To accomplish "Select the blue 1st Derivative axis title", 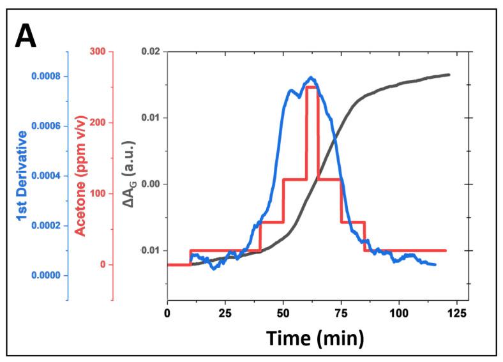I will [22, 176].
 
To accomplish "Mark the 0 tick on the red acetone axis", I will [102, 265].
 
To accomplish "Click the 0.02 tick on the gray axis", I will [151, 52].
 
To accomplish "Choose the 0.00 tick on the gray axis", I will [151, 184].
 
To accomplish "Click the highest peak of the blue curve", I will [311, 77].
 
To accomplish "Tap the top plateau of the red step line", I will [312, 86].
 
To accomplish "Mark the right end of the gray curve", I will [449, 75].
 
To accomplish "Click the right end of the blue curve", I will [435, 264].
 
